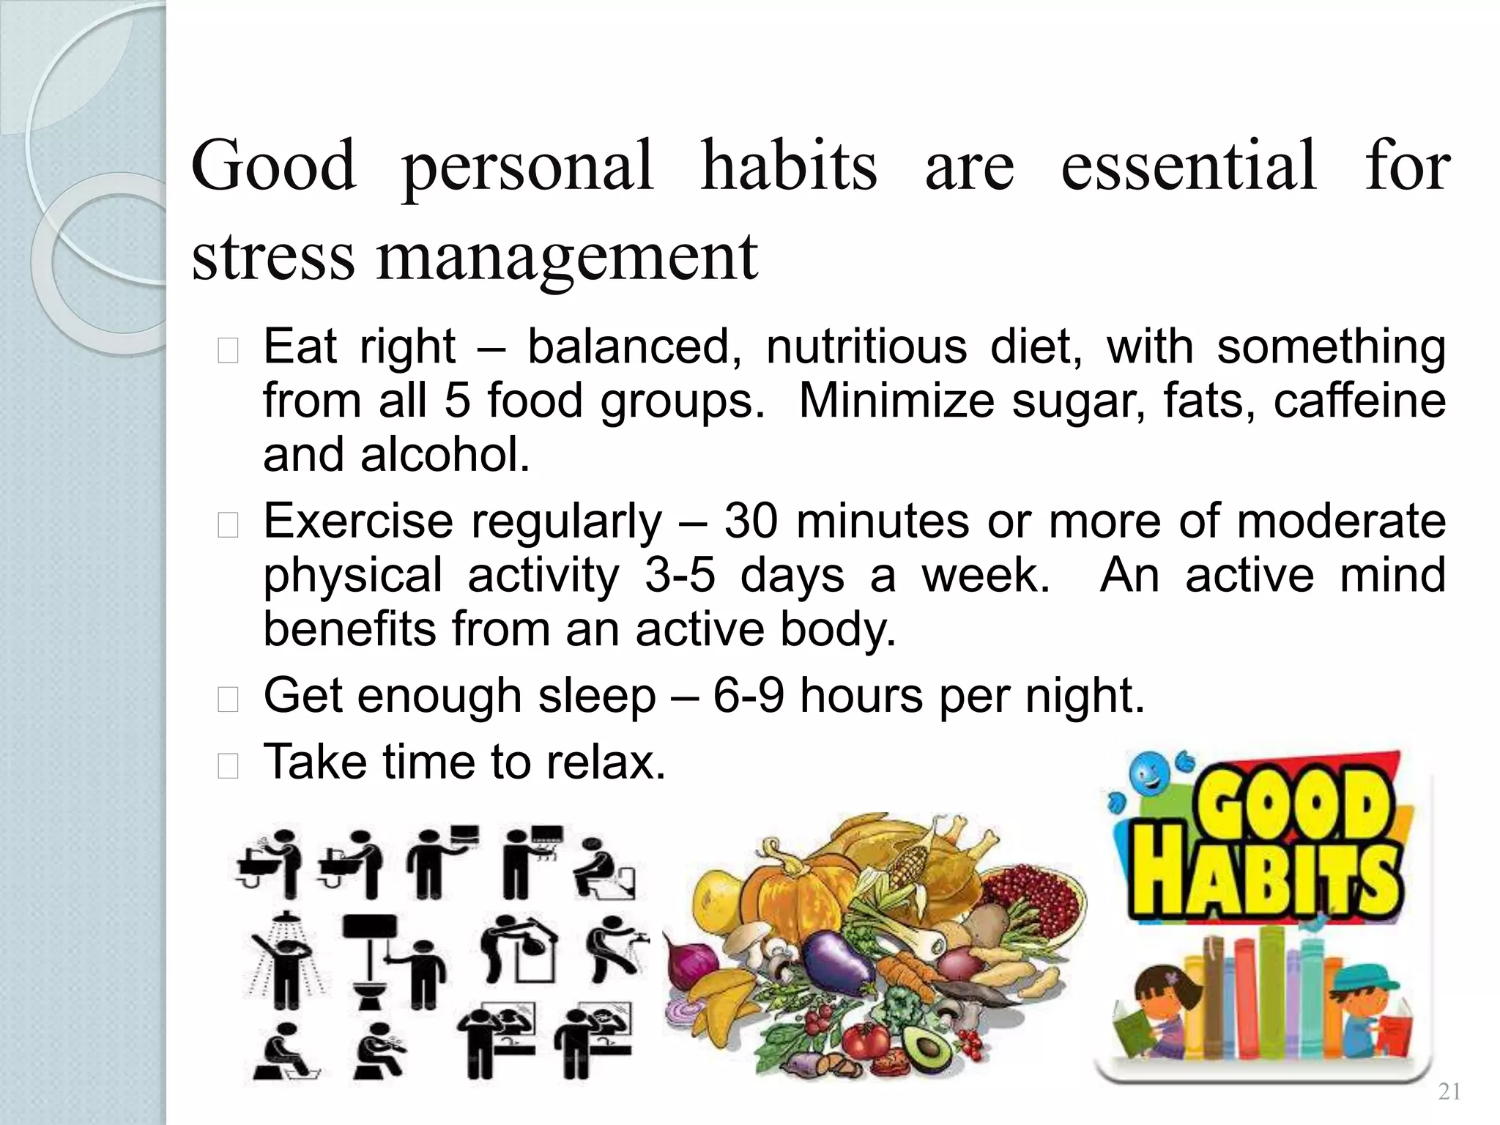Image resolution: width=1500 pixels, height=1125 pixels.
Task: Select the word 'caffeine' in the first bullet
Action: (1359, 401)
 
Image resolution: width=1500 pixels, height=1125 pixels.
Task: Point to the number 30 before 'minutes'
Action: (751, 521)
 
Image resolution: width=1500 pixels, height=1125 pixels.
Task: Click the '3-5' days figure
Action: (679, 575)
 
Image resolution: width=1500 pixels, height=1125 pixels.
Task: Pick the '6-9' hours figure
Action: (748, 695)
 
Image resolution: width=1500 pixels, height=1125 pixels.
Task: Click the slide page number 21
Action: (1449, 1092)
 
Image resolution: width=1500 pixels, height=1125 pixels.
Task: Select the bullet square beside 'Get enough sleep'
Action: (229, 700)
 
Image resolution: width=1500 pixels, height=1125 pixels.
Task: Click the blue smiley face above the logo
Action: (1143, 773)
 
